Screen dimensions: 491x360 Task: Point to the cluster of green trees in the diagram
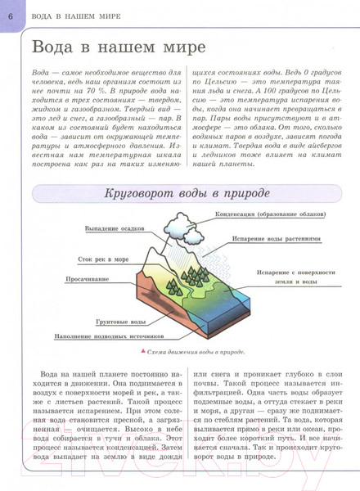click(x=200, y=277)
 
